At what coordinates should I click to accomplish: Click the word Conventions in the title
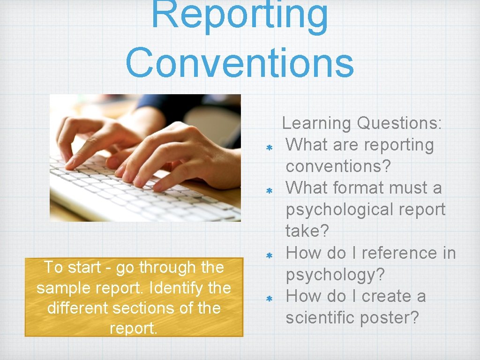click(x=240, y=63)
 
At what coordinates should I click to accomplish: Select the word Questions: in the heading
click(x=399, y=123)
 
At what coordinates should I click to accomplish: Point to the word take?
click(x=307, y=231)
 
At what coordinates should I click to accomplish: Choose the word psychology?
click(x=335, y=275)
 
